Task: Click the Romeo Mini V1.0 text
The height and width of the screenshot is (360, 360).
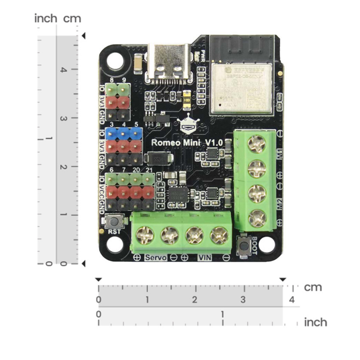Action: (187, 143)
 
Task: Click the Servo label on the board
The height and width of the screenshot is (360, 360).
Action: (156, 258)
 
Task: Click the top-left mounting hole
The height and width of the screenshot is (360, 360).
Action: (115, 61)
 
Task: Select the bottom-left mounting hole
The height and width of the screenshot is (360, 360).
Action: (115, 244)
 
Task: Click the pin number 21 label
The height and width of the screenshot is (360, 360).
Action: (149, 170)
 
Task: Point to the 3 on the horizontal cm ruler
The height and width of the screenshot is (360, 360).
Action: (243, 300)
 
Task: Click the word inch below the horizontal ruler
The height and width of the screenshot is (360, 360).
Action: (315, 322)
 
